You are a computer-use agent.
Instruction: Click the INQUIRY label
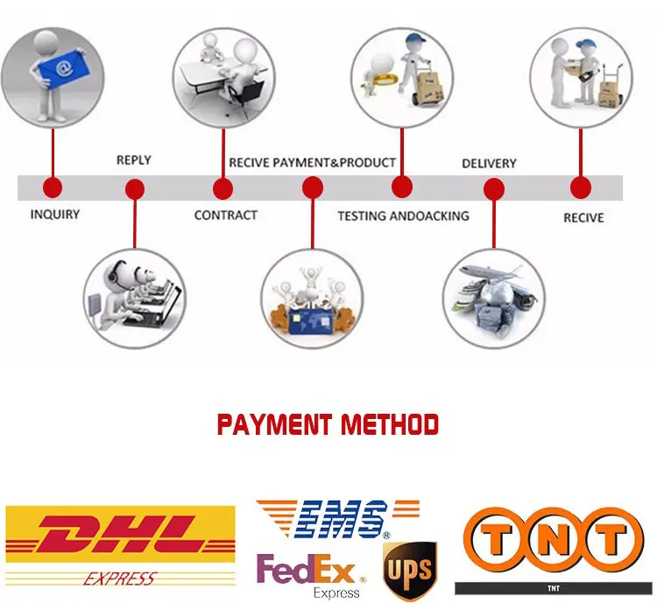pyautogui.click(x=55, y=215)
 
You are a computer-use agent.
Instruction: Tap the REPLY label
pyautogui.click(x=133, y=160)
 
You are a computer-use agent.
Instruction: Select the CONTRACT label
pyautogui.click(x=226, y=215)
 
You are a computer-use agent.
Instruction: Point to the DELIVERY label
pyautogui.click(x=489, y=163)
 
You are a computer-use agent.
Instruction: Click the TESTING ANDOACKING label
pyautogui.click(x=403, y=216)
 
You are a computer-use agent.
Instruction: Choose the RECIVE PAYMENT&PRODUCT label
pyautogui.click(x=313, y=162)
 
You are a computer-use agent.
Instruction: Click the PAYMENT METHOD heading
pyautogui.click(x=328, y=426)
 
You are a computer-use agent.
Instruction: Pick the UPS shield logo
pyautogui.click(x=409, y=570)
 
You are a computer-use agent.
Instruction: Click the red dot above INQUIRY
pyautogui.click(x=53, y=187)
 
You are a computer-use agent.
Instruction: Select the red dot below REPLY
pyautogui.click(x=135, y=188)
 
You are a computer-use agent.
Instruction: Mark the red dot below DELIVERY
pyautogui.click(x=494, y=188)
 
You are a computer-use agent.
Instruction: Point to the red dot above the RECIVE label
pyautogui.click(x=580, y=187)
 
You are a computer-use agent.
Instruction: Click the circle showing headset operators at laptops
pyautogui.click(x=135, y=299)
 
